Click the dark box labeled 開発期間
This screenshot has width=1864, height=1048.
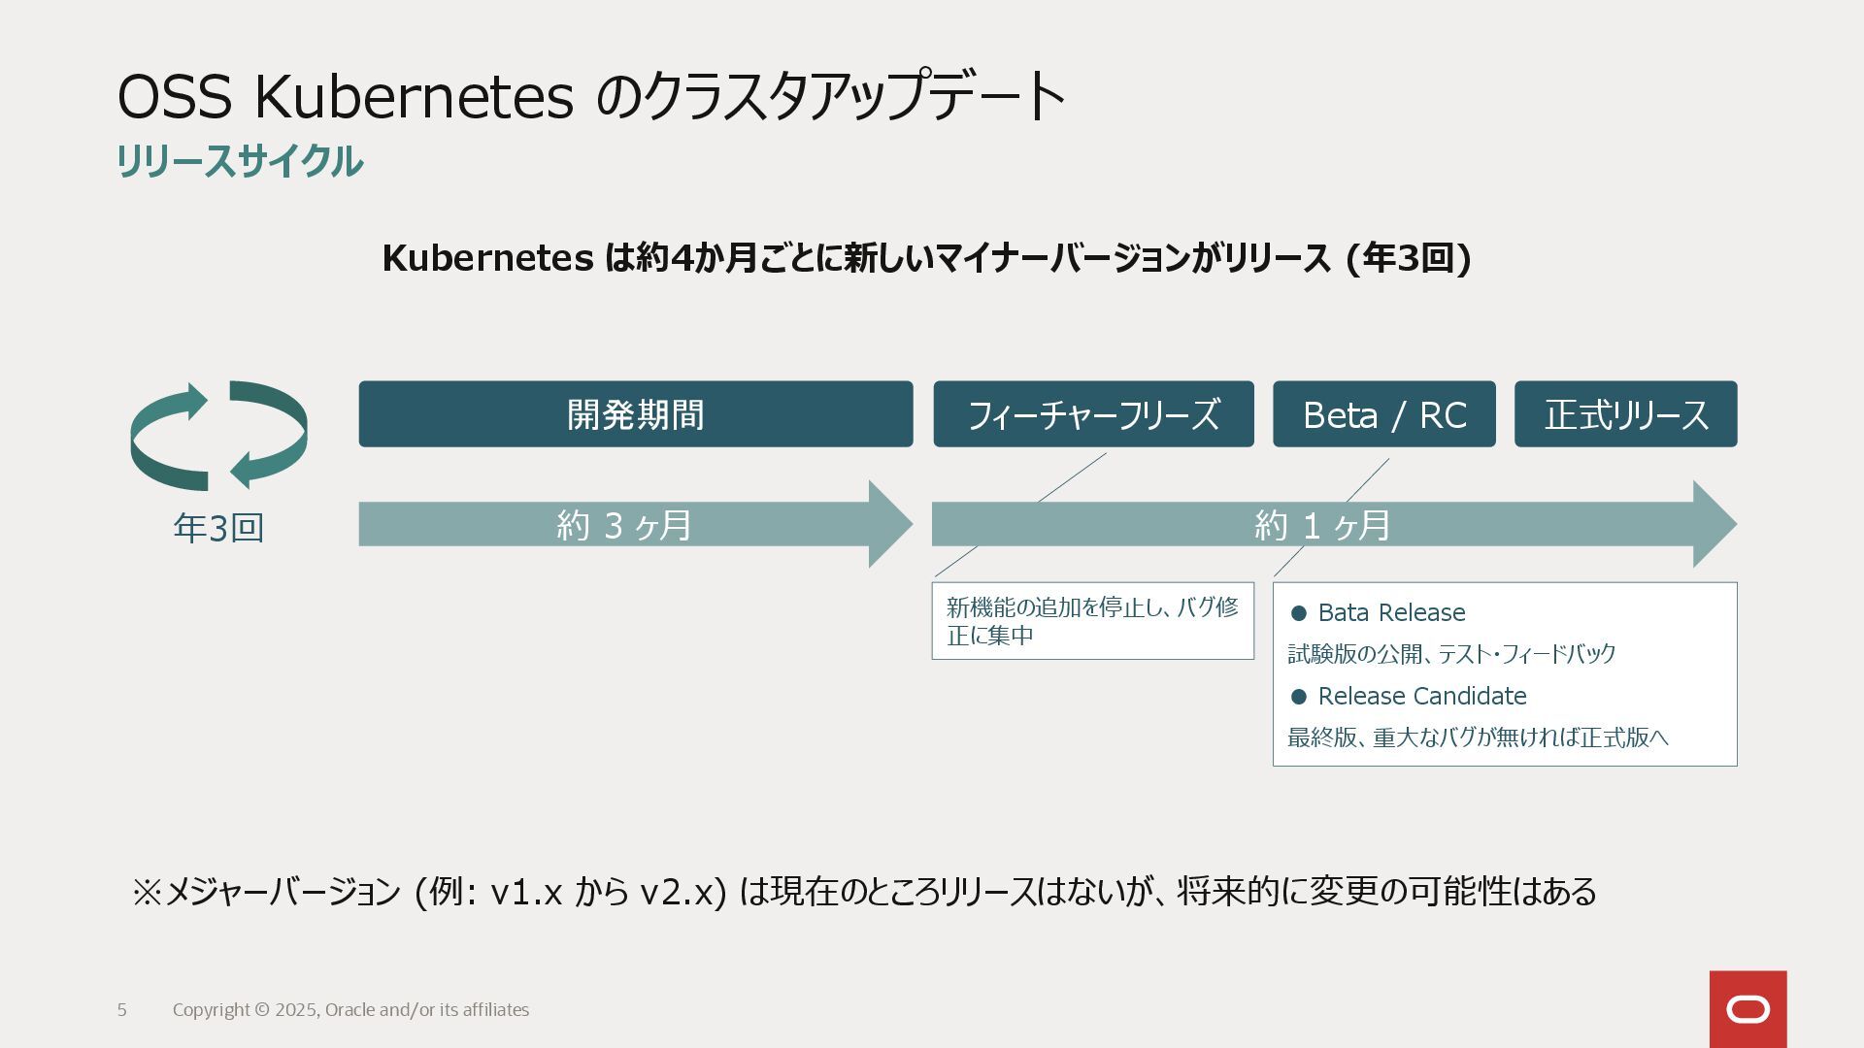point(635,414)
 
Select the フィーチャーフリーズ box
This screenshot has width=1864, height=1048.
point(1093,414)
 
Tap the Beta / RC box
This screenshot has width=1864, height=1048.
point(1383,414)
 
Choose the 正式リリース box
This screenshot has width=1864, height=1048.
point(1625,414)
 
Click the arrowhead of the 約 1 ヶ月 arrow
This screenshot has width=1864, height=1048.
point(1714,524)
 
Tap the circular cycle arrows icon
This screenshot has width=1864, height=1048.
point(218,436)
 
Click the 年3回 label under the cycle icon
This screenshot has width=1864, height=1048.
point(218,528)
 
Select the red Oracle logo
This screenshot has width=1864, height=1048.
point(1747,1009)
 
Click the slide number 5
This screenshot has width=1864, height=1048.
point(122,1010)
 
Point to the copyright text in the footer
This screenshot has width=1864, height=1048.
point(350,1010)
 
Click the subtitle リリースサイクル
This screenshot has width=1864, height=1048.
point(240,161)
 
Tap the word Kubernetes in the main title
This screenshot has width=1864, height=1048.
point(414,96)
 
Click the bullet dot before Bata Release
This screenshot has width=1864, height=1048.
point(1299,613)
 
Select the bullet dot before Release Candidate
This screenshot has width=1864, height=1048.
point(1299,697)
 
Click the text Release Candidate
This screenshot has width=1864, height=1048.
point(1421,696)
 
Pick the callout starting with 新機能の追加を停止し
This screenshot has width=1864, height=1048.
point(1092,621)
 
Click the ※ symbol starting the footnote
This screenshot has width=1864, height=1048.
point(147,892)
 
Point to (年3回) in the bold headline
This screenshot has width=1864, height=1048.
point(1409,258)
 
